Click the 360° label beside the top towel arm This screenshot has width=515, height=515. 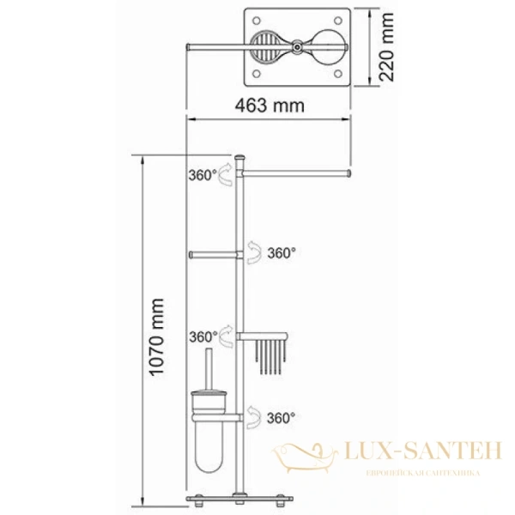(203, 175)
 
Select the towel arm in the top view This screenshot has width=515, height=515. (219, 45)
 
